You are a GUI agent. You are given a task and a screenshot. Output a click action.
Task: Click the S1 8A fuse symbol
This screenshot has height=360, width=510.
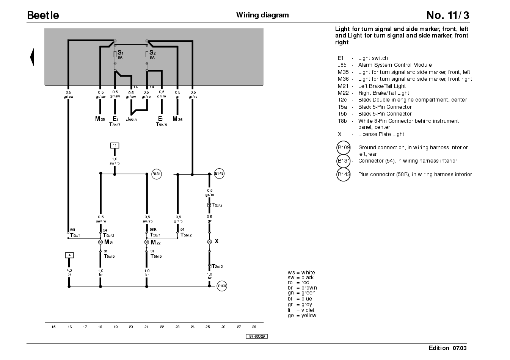coord(115,54)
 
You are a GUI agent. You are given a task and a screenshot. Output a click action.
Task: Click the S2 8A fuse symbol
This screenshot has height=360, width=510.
coord(147,54)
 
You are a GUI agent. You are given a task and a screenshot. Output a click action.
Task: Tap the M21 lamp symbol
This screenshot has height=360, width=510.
coord(100,242)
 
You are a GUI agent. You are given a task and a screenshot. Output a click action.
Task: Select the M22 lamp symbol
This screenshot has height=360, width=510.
coord(147,242)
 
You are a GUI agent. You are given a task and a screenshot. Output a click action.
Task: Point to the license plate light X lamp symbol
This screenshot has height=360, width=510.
coord(209,242)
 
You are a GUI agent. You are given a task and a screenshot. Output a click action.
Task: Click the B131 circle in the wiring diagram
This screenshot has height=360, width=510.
coord(157,174)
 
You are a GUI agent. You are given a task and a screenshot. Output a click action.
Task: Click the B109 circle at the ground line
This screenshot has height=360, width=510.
coord(222,286)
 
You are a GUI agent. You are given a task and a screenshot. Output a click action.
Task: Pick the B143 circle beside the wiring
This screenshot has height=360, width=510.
coord(219,174)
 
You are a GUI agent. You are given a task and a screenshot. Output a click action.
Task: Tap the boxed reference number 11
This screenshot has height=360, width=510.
coord(115,146)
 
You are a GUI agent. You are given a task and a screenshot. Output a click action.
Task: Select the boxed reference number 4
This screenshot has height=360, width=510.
coord(69,255)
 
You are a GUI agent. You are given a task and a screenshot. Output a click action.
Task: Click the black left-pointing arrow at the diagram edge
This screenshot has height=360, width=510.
coord(32,57)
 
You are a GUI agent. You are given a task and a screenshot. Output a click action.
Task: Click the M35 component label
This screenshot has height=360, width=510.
coord(100,119)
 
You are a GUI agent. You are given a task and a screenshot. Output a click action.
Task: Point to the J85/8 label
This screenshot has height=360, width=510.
coord(131,119)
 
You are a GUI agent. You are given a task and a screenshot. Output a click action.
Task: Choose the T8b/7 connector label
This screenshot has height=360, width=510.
coord(115,124)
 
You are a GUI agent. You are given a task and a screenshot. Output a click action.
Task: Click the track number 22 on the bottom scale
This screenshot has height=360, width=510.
coord(162,327)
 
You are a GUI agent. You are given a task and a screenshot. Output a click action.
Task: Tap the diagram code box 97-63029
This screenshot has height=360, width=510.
coord(257,337)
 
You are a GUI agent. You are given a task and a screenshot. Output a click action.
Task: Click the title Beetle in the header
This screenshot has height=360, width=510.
coord(43,15)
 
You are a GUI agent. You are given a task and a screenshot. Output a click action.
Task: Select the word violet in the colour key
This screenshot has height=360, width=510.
coord(308,310)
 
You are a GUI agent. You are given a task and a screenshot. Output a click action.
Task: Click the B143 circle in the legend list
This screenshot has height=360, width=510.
coord(343,175)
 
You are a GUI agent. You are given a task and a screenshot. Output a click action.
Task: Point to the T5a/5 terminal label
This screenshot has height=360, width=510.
coord(109,256)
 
